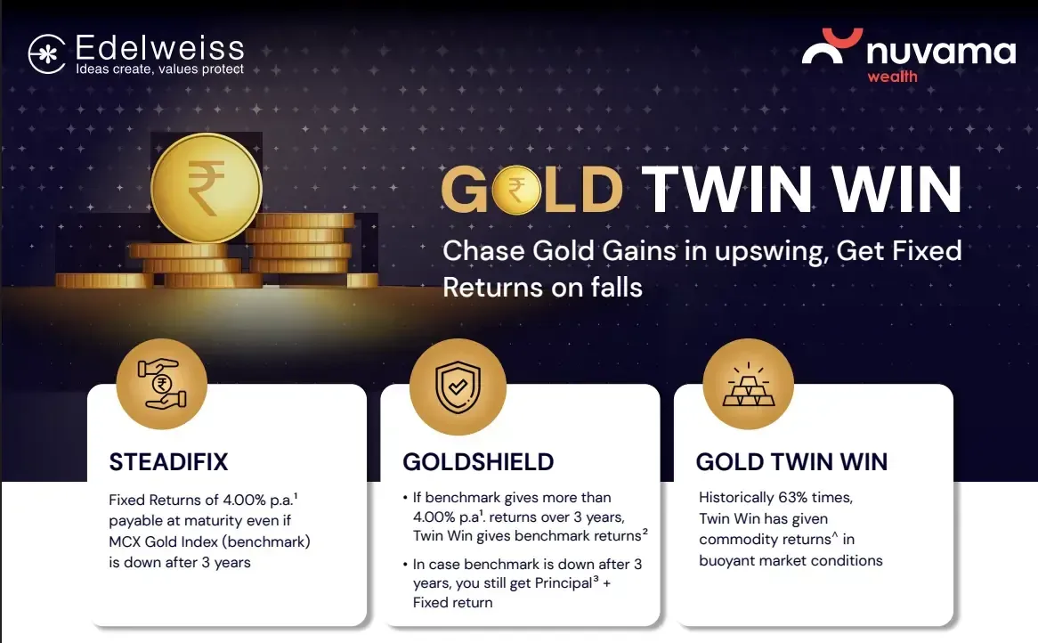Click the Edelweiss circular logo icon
click(47, 53)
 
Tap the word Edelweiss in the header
click(160, 48)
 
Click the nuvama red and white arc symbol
click(832, 45)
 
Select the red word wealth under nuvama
click(892, 77)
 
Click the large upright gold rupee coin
click(206, 187)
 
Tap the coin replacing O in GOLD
click(516, 190)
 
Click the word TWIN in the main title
click(726, 190)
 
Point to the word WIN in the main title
click(896, 190)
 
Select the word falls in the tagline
click(617, 288)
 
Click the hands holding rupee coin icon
click(161, 384)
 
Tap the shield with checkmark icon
click(458, 387)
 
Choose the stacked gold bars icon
click(748, 384)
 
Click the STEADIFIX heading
click(168, 461)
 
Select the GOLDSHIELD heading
click(478, 461)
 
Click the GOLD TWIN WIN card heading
click(791, 461)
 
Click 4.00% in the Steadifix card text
click(244, 500)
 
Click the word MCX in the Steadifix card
click(125, 541)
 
